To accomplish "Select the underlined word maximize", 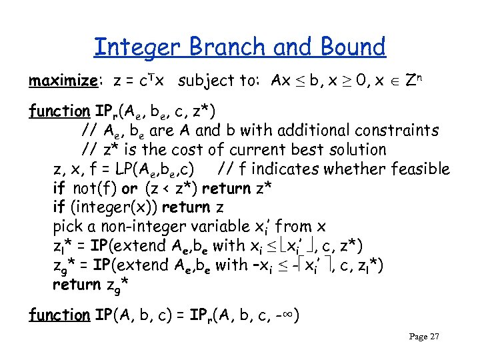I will click(x=64, y=81).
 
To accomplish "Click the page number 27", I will click(x=434, y=337).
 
